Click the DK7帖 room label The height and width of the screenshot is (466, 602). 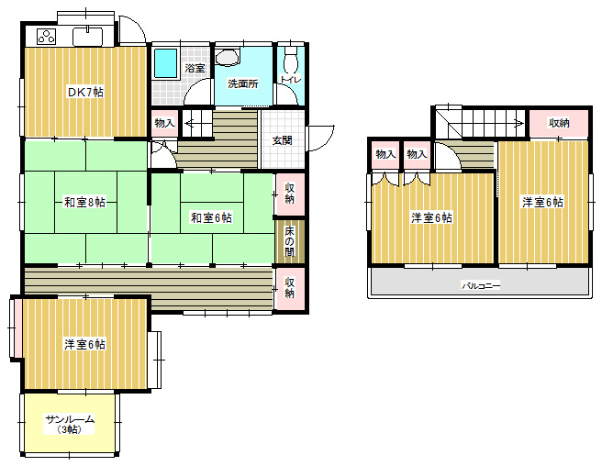(85, 92)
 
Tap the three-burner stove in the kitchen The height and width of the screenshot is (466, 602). (47, 37)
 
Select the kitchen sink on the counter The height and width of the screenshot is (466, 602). (87, 37)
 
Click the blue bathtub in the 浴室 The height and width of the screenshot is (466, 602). (166, 63)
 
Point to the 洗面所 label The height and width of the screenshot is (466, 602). (242, 83)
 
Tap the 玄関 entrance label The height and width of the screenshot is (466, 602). (283, 140)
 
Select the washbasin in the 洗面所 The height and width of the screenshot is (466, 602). (228, 57)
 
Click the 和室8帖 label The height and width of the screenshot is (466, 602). (84, 202)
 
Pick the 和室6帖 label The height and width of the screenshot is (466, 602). (211, 217)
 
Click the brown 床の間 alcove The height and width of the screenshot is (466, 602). (290, 241)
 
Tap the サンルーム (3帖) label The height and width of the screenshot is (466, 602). (70, 424)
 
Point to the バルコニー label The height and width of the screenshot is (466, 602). (481, 285)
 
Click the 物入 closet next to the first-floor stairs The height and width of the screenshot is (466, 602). (164, 123)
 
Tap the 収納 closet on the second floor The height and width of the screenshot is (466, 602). (559, 123)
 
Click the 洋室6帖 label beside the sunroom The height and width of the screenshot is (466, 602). (84, 344)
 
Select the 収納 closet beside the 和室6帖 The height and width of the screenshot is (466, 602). (290, 194)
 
